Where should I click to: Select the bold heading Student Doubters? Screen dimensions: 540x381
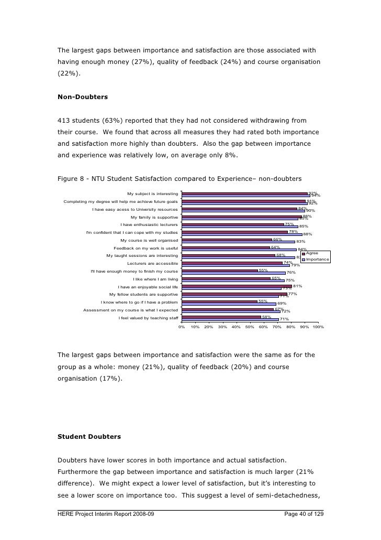pyautogui.click(x=89, y=436)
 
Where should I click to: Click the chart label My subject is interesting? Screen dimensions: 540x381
pyautogui.click(x=152, y=194)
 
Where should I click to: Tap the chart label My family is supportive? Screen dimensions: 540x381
pyautogui.click(x=154, y=217)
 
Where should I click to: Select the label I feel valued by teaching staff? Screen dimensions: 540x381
pyautogui.click(x=148, y=318)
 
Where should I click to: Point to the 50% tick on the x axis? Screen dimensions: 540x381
pyautogui.click(x=250, y=328)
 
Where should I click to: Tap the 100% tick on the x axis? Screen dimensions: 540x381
pyautogui.click(x=318, y=328)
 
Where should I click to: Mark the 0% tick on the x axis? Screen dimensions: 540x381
pyautogui.click(x=182, y=328)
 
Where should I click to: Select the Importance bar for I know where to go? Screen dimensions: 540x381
pyautogui.click(x=229, y=304)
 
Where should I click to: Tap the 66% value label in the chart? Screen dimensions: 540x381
pyautogui.click(x=277, y=239)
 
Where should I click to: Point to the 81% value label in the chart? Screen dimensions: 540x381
pyautogui.click(x=297, y=286)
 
